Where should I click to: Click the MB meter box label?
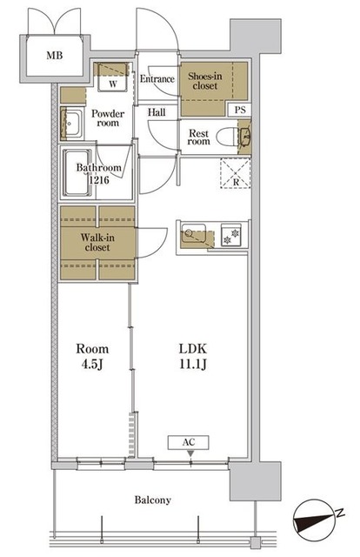(55, 56)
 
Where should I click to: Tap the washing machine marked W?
(113, 77)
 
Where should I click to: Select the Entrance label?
(157, 79)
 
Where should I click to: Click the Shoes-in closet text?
(205, 81)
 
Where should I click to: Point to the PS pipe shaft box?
(240, 110)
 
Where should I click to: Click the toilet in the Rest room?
(226, 137)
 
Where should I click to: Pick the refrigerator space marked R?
(236, 173)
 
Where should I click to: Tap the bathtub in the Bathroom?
(77, 172)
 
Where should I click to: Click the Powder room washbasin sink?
(71, 124)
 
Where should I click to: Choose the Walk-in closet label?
(97, 242)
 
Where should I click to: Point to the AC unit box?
(189, 443)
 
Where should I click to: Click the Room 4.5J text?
(92, 356)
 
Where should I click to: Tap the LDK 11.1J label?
(193, 356)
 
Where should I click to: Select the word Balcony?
(153, 500)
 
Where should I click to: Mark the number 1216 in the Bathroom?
(99, 180)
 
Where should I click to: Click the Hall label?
(157, 112)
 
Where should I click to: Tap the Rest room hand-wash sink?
(244, 137)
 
